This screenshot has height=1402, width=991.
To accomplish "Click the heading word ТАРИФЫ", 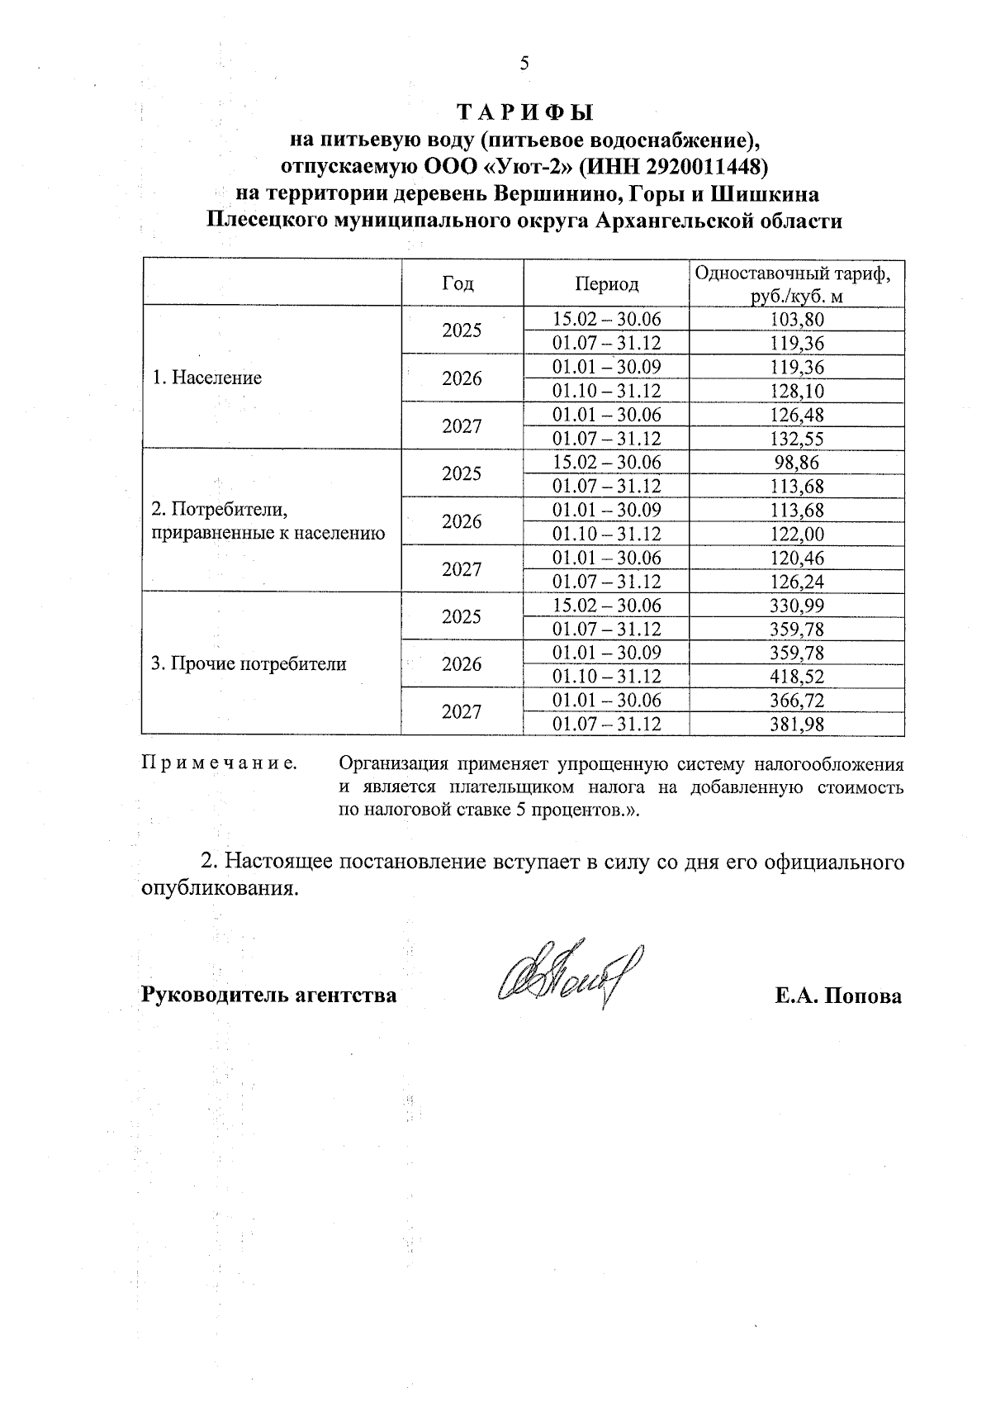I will (525, 112).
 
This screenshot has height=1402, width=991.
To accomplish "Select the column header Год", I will (458, 283).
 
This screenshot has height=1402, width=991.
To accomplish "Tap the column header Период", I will (607, 284).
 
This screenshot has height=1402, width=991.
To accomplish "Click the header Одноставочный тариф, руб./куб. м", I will (796, 284).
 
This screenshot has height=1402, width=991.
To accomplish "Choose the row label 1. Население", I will (206, 378).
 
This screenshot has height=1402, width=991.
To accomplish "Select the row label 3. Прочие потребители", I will (249, 663).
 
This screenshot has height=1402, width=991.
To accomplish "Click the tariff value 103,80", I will (797, 320).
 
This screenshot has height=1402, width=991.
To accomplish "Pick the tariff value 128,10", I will (797, 391).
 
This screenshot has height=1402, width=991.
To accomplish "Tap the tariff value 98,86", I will (797, 463).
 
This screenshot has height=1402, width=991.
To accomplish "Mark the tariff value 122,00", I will (797, 535).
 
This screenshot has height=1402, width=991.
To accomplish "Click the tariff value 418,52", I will (797, 677).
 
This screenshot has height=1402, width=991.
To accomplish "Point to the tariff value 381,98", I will (797, 725).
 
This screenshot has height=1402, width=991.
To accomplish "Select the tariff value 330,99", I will (797, 606).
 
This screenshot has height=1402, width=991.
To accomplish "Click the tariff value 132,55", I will (797, 439).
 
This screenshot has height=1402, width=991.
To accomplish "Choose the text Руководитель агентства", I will (269, 996).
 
